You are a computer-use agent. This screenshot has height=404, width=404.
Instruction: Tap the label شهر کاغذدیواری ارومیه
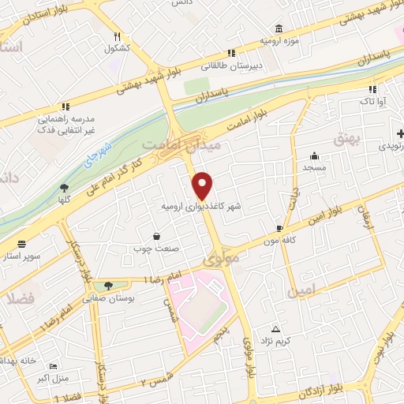pyautogui.click(x=195, y=206)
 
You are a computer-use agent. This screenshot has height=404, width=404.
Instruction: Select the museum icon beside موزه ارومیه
pyautogui.click(x=278, y=28)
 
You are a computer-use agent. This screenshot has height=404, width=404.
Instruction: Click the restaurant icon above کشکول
pyautogui.click(x=118, y=36)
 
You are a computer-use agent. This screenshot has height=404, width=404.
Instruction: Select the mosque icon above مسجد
pyautogui.click(x=316, y=155)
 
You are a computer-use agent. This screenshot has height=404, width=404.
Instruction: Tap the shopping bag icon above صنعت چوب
pyautogui.click(x=156, y=237)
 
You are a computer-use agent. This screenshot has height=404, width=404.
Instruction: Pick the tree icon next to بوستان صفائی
pyautogui.click(x=107, y=286)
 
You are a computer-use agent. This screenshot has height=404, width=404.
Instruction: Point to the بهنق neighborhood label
pyautogui.click(x=345, y=140)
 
